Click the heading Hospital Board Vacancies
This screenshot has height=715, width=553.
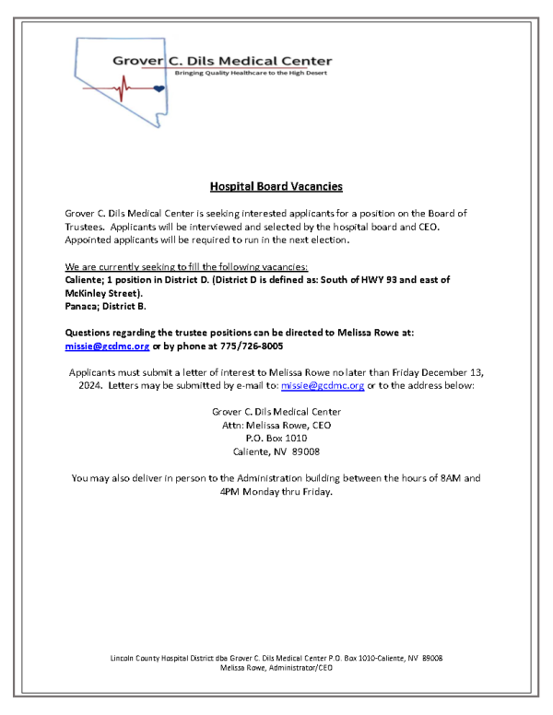(x=276, y=186)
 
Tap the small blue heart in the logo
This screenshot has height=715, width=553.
(x=159, y=88)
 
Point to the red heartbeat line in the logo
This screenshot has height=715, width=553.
(x=119, y=88)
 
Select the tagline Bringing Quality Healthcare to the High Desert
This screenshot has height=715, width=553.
(x=253, y=72)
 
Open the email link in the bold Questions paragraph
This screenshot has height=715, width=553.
(x=107, y=346)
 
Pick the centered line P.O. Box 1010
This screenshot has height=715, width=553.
(x=276, y=438)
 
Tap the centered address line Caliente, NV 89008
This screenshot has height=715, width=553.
(x=276, y=451)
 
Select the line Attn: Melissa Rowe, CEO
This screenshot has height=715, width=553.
(x=276, y=425)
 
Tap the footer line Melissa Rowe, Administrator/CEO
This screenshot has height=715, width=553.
(x=276, y=668)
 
